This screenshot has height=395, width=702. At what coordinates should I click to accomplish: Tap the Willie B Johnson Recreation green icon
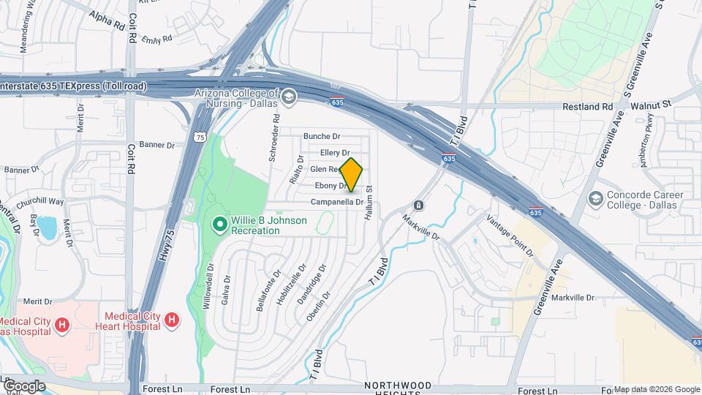coord(219,225)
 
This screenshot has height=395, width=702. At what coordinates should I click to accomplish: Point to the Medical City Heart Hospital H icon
coord(172,319)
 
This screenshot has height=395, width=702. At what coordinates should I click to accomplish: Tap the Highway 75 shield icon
coord(200,136)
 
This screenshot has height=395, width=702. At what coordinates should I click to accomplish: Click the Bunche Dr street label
coord(322,136)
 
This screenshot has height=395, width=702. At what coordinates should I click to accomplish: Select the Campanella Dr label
coord(337,202)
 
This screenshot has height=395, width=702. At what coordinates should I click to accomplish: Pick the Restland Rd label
coord(586,106)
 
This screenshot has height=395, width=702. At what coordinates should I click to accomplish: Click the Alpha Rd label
coord(107,20)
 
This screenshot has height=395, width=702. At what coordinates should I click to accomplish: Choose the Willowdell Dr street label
coord(209,285)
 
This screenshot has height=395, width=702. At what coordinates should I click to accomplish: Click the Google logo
coord(23,385)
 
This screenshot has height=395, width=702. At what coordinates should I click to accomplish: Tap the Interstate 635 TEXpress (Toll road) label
coord(73,86)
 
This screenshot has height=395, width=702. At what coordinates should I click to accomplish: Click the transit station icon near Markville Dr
coord(418,206)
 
